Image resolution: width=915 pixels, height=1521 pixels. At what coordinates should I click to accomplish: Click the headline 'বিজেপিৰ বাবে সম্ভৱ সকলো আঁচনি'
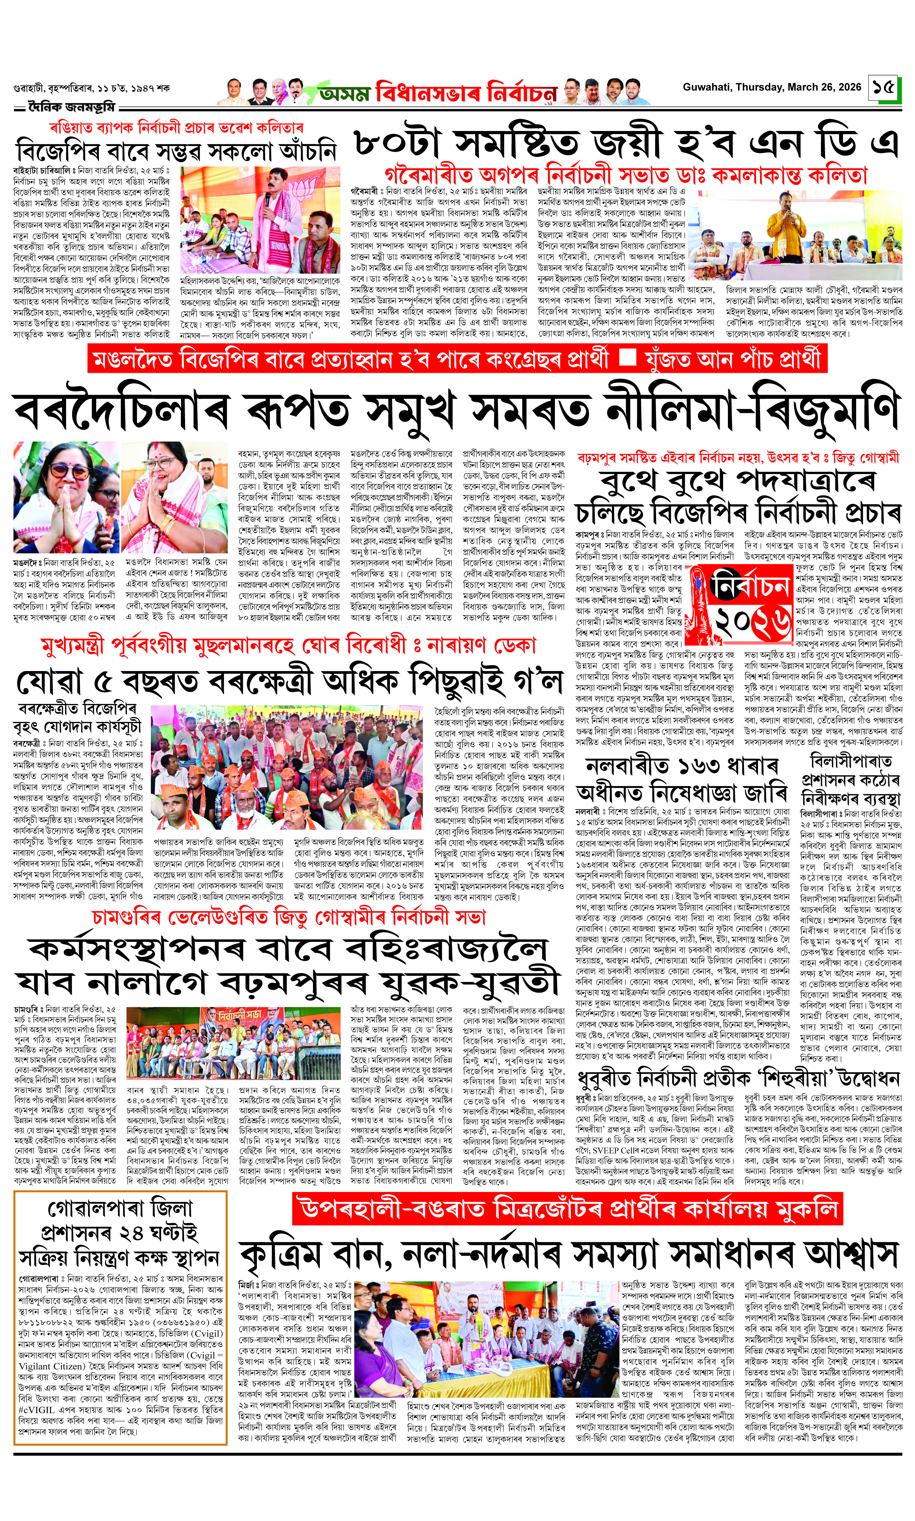pyautogui.click(x=177, y=152)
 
